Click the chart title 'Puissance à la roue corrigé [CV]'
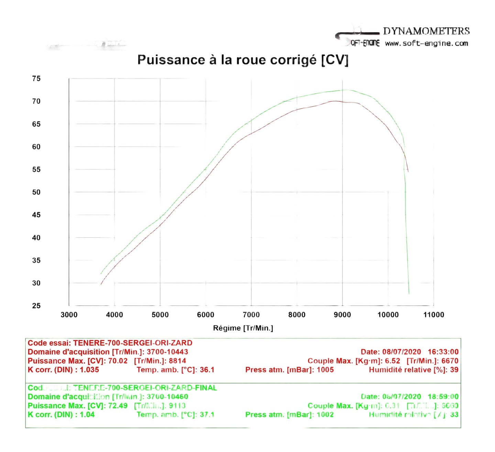click(x=243, y=60)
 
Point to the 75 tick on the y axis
click(x=36, y=79)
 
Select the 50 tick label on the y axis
click(x=36, y=192)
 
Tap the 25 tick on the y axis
click(x=36, y=306)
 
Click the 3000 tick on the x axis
click(x=69, y=315)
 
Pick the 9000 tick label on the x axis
click(x=342, y=315)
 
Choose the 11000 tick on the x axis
click(x=433, y=315)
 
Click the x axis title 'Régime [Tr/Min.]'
click(x=243, y=328)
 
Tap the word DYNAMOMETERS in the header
click(x=426, y=31)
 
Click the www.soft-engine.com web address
click(x=426, y=44)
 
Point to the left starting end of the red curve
click(x=101, y=284)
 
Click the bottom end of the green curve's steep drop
click(x=409, y=293)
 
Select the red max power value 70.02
click(x=118, y=361)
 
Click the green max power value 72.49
click(x=118, y=406)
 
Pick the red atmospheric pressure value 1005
click(x=325, y=370)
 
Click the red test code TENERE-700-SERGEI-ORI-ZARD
click(x=133, y=343)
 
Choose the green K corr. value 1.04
click(x=87, y=415)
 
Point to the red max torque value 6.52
click(x=393, y=361)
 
